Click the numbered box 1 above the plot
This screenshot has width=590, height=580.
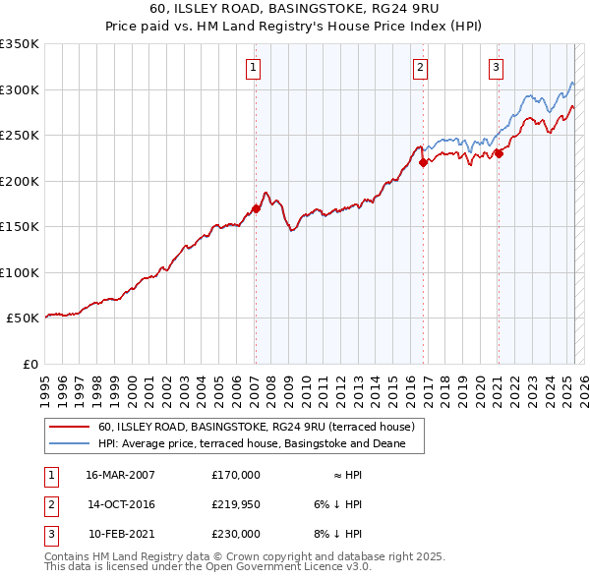254,68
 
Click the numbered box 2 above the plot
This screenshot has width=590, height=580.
420,68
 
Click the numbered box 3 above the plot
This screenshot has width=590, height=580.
496,68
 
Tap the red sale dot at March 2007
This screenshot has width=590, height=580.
256,208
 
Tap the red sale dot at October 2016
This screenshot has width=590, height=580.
423,163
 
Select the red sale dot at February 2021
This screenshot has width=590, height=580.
499,153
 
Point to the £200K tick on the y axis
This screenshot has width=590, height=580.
20,181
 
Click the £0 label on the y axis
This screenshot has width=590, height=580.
29,364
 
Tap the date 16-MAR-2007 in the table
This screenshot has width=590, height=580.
120,475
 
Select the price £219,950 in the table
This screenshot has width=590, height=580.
235,504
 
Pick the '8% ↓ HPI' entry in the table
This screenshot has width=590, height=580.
338,534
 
